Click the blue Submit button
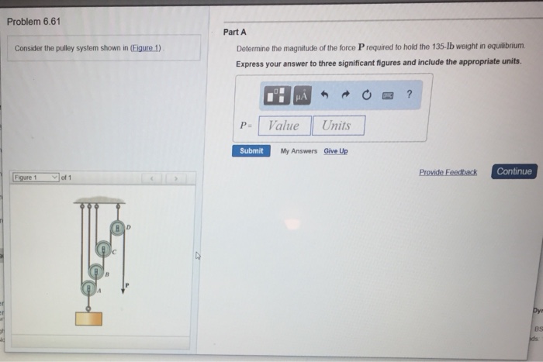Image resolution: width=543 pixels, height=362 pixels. coord(251,150)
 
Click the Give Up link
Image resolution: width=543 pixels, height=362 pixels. coord(336,151)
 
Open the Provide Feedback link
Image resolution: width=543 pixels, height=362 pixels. coord(448,172)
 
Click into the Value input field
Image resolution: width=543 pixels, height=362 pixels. coord(283,126)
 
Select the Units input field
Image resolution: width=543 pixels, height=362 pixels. coord(337,126)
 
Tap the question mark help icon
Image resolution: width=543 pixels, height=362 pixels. coord(409,95)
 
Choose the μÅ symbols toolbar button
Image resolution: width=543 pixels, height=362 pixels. coord(302,95)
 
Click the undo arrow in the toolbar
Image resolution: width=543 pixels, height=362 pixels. coord(326,95)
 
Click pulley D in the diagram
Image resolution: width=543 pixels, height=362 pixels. coord(117,228)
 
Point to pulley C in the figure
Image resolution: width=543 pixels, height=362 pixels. coord(104,250)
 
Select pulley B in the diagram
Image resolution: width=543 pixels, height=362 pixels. coord(95,271)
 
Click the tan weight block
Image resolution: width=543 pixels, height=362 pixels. coord(89,318)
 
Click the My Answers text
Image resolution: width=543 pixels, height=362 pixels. coord(299,151)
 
